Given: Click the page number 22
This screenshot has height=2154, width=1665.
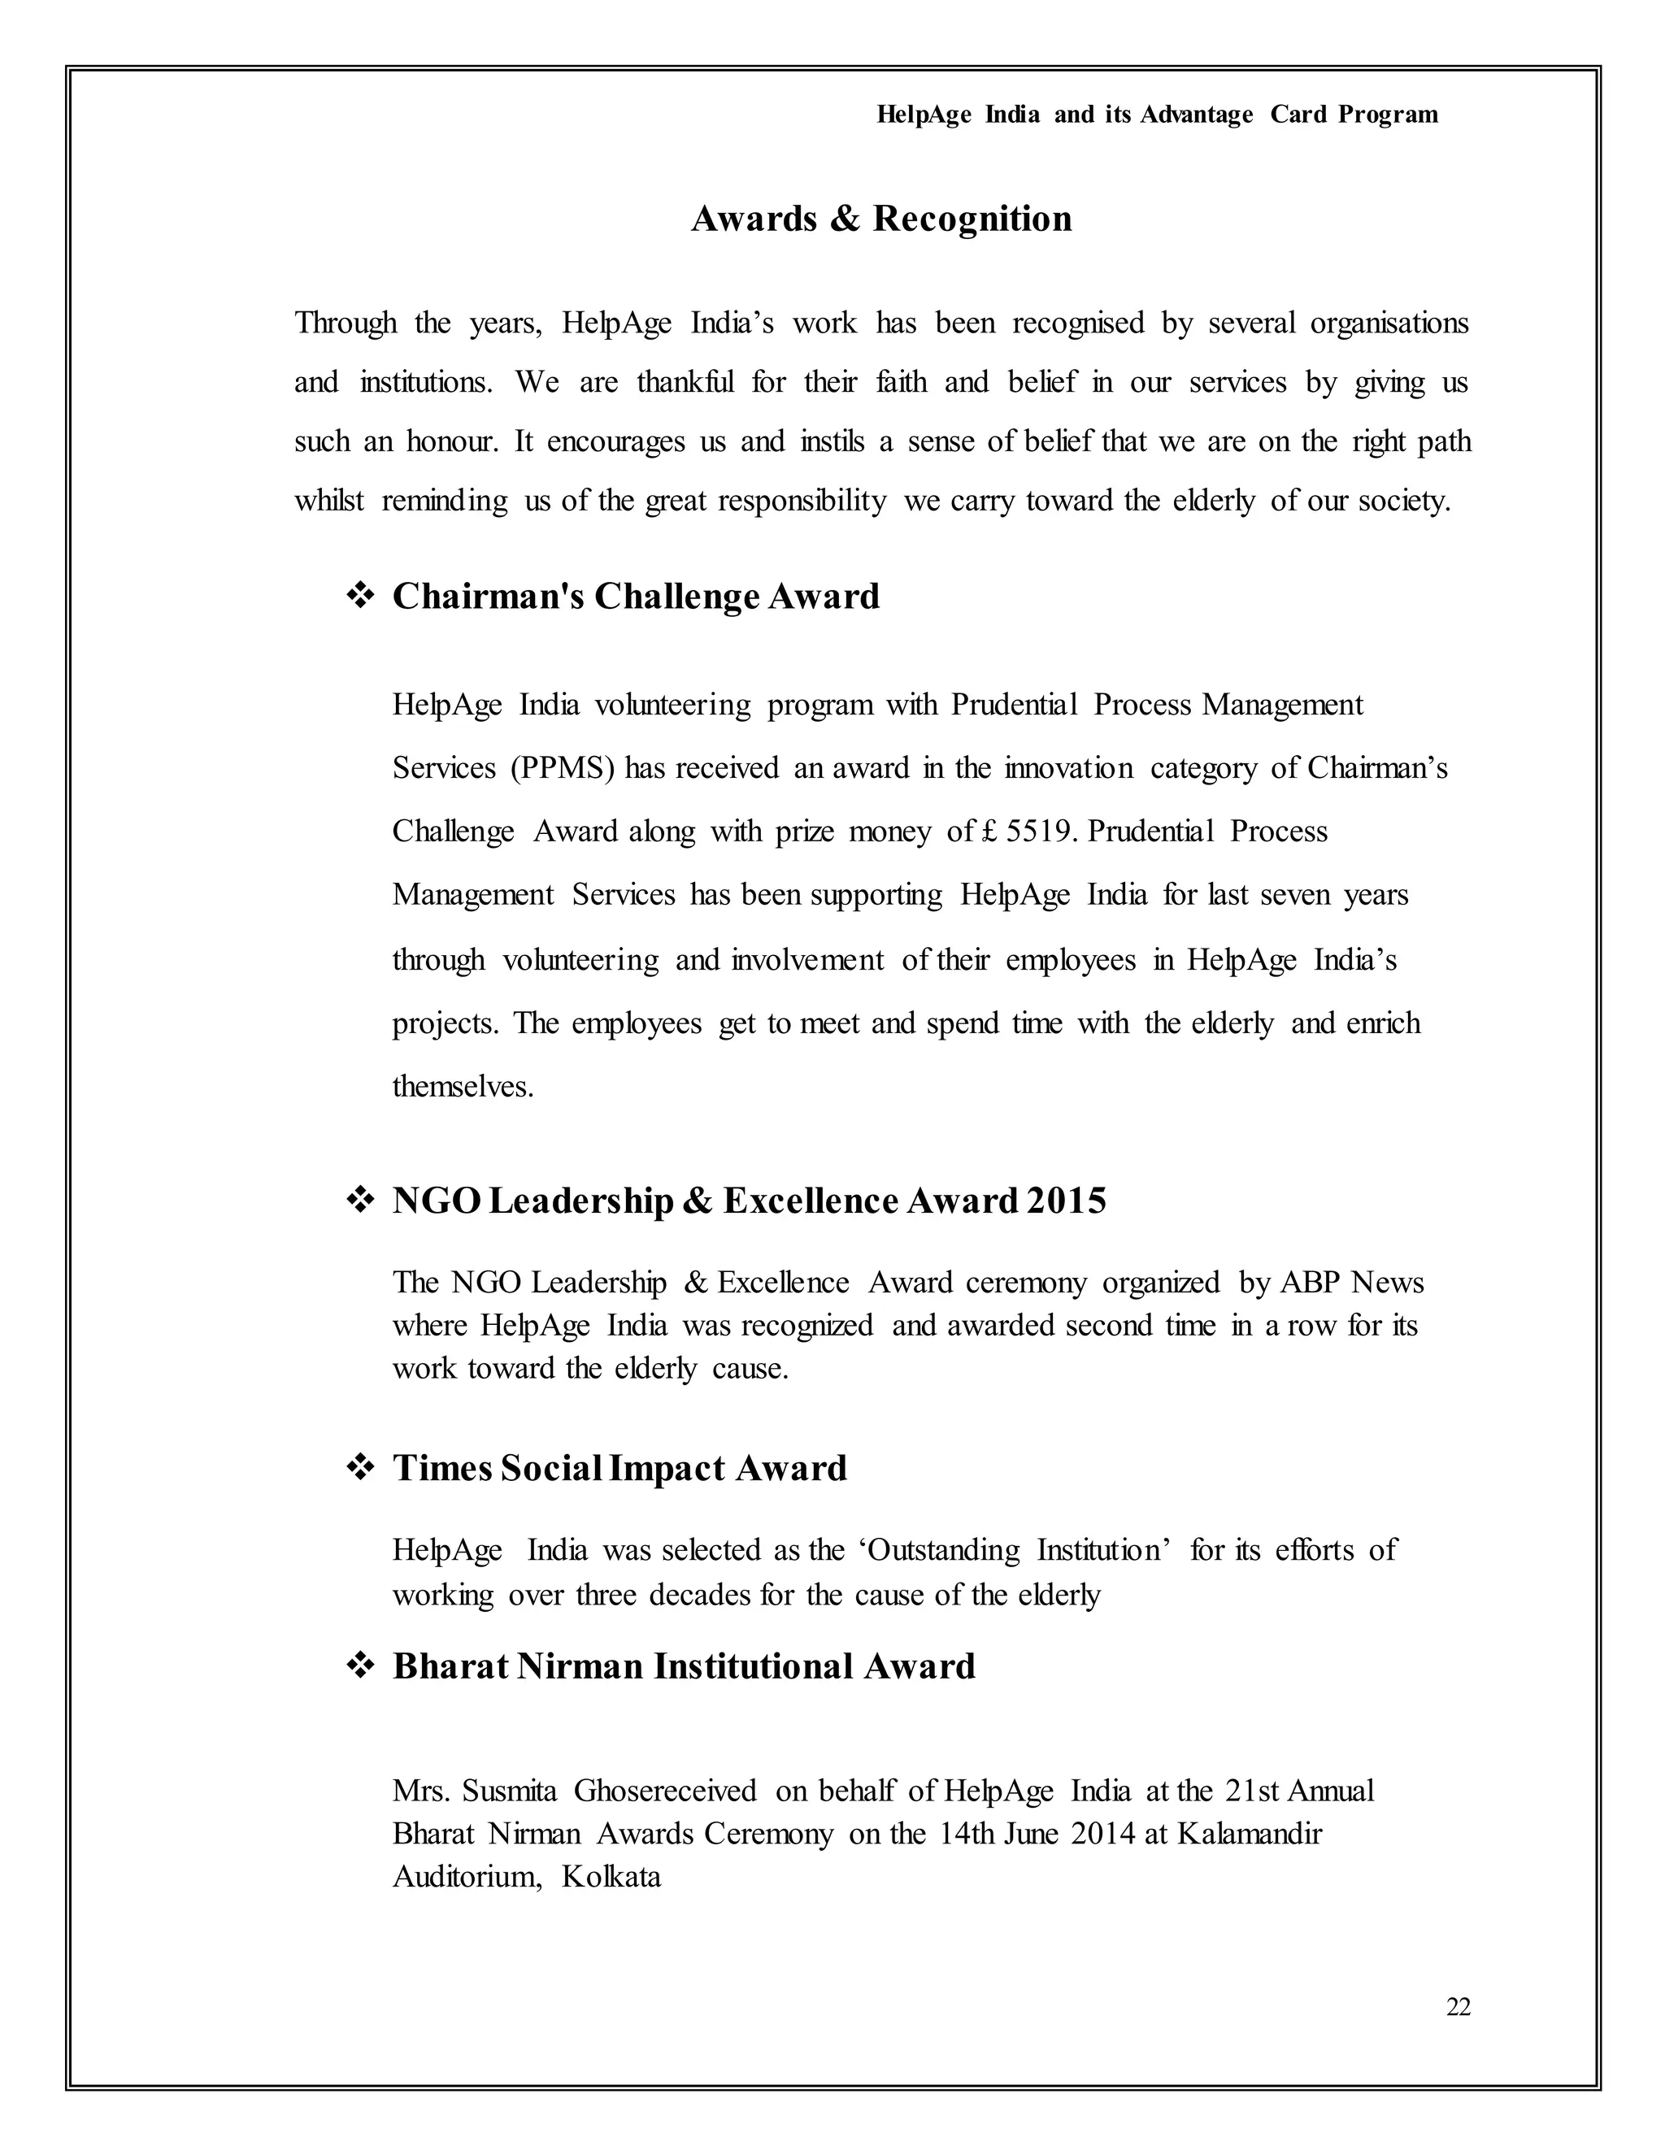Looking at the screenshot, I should pyautogui.click(x=1458, y=2007).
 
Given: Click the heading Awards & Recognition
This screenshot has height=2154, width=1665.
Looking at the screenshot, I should pyautogui.click(x=880, y=218).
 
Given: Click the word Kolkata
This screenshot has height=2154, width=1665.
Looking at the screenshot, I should pyautogui.click(x=611, y=1875).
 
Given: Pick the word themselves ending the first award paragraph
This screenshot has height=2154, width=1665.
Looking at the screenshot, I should pyautogui.click(x=463, y=1086).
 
